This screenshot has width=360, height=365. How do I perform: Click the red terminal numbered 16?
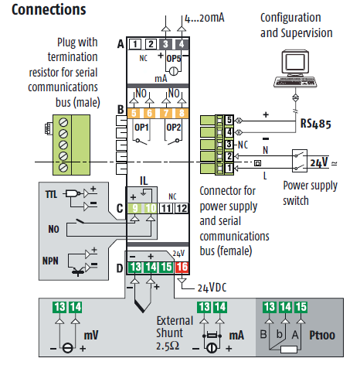[x=182, y=268]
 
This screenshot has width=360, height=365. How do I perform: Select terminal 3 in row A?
[x=165, y=44]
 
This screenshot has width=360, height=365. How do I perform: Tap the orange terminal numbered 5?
[x=134, y=113]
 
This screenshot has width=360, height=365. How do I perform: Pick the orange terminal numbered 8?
[x=182, y=113]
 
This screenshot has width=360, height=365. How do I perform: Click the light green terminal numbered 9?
[x=134, y=208]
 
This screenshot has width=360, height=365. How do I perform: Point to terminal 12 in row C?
[x=182, y=208]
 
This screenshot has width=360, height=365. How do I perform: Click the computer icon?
[x=295, y=68]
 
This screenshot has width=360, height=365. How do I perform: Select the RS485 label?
[x=316, y=124]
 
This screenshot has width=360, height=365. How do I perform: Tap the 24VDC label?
[x=212, y=288]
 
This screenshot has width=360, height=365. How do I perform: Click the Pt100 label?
[x=322, y=336]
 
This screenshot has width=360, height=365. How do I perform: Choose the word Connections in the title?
[x=49, y=10]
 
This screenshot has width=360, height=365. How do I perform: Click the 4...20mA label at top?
[x=205, y=18]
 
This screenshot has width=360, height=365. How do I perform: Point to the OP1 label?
[x=141, y=128]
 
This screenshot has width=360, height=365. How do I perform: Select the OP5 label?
[x=174, y=59]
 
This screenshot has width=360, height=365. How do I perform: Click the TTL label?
[x=51, y=194]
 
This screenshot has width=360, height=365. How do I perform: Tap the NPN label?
[x=50, y=261]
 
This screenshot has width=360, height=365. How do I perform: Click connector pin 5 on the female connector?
[x=229, y=120]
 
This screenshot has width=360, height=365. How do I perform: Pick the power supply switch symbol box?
[x=300, y=161]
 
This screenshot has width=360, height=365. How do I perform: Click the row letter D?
[x=120, y=268]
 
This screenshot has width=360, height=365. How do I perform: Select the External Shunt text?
[x=175, y=327]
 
